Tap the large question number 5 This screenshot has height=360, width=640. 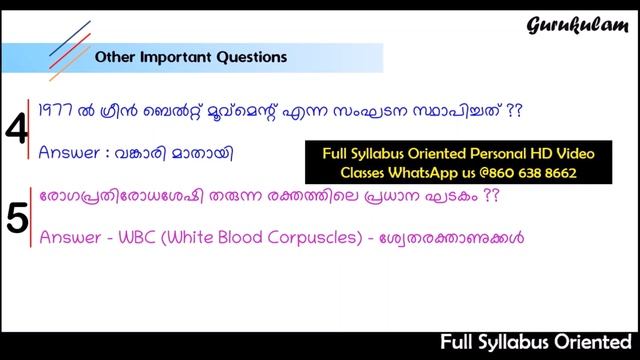point(16,218)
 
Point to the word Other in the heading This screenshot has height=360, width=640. point(113,57)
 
